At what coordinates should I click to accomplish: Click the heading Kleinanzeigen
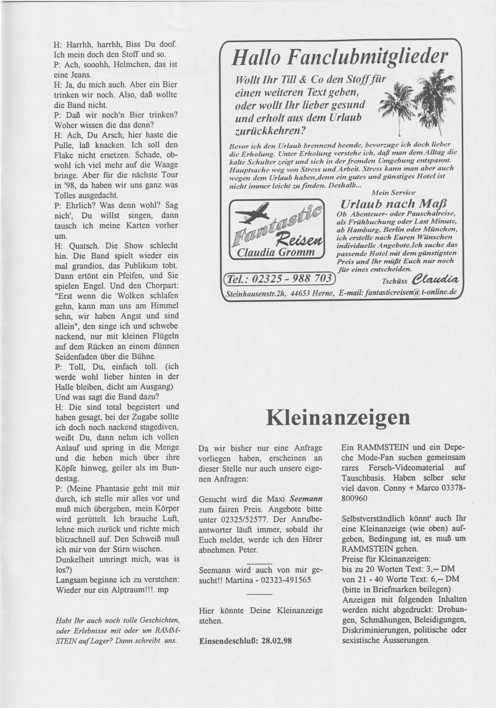coord(338,418)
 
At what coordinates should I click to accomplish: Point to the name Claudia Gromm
coord(276,253)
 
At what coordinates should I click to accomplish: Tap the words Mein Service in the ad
coord(393,192)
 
